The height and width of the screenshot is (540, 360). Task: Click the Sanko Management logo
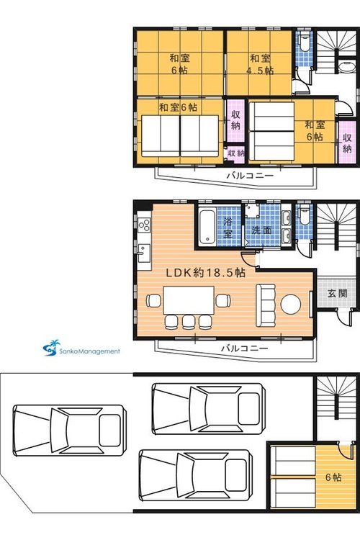(81, 348)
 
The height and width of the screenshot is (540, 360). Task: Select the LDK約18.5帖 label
(206, 273)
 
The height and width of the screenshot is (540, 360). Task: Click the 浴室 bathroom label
(228, 227)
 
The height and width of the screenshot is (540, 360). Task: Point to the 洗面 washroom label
(262, 230)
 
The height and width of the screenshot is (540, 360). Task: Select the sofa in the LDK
(266, 305)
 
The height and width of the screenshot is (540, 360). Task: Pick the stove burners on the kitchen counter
(144, 225)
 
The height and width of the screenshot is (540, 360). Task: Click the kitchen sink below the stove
(144, 253)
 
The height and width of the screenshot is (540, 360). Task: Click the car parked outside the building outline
(69, 431)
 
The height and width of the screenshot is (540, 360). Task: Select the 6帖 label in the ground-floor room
(334, 477)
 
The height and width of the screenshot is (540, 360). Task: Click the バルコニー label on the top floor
(250, 176)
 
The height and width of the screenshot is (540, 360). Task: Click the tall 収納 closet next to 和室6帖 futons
(235, 120)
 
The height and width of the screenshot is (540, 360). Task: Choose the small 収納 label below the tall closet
(236, 153)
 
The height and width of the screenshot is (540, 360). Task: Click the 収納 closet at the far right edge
(347, 143)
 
